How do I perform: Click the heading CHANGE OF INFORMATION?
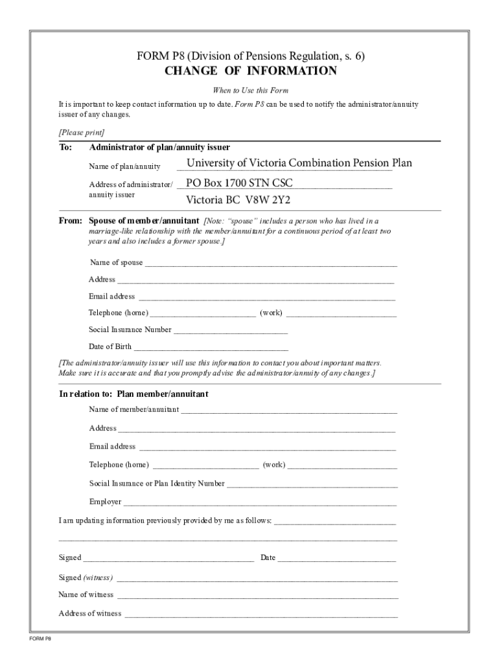250,71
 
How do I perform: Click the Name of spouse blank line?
270,264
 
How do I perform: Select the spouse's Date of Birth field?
211,347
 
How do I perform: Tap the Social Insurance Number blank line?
230,330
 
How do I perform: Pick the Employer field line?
259,502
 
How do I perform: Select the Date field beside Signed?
336,559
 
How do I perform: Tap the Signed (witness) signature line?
257,578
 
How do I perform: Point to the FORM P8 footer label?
40,639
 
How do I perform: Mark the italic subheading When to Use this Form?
250,90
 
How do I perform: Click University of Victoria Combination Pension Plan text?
299,163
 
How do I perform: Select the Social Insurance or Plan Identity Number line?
312,484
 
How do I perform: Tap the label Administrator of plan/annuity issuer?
159,148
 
